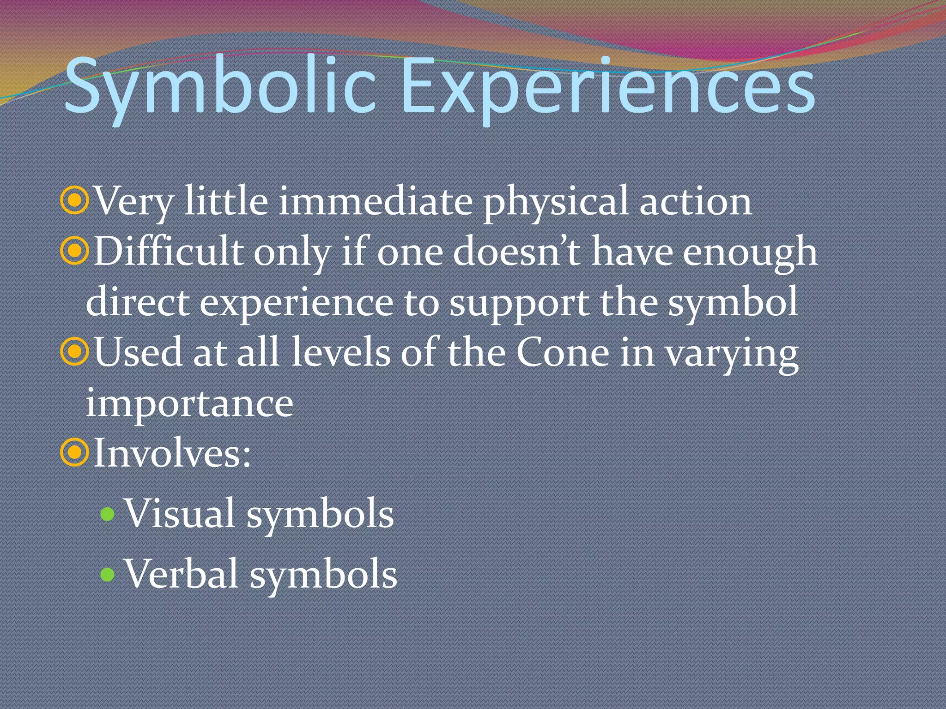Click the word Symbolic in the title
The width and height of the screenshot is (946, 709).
pos(220,88)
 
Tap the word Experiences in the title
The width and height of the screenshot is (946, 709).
pos(608,88)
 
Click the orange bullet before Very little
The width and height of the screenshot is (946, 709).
pos(74,201)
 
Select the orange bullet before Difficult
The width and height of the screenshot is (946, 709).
pos(74,252)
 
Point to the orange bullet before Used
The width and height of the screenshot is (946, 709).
pos(74,352)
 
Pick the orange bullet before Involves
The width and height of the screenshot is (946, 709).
pos(74,453)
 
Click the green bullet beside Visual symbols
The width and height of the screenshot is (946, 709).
pos(107,514)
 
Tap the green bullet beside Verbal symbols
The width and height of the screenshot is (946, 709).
pos(107,574)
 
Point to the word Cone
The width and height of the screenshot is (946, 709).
pos(563,353)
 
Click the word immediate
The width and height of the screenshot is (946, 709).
pos(376,201)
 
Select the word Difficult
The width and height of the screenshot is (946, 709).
pos(169,252)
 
